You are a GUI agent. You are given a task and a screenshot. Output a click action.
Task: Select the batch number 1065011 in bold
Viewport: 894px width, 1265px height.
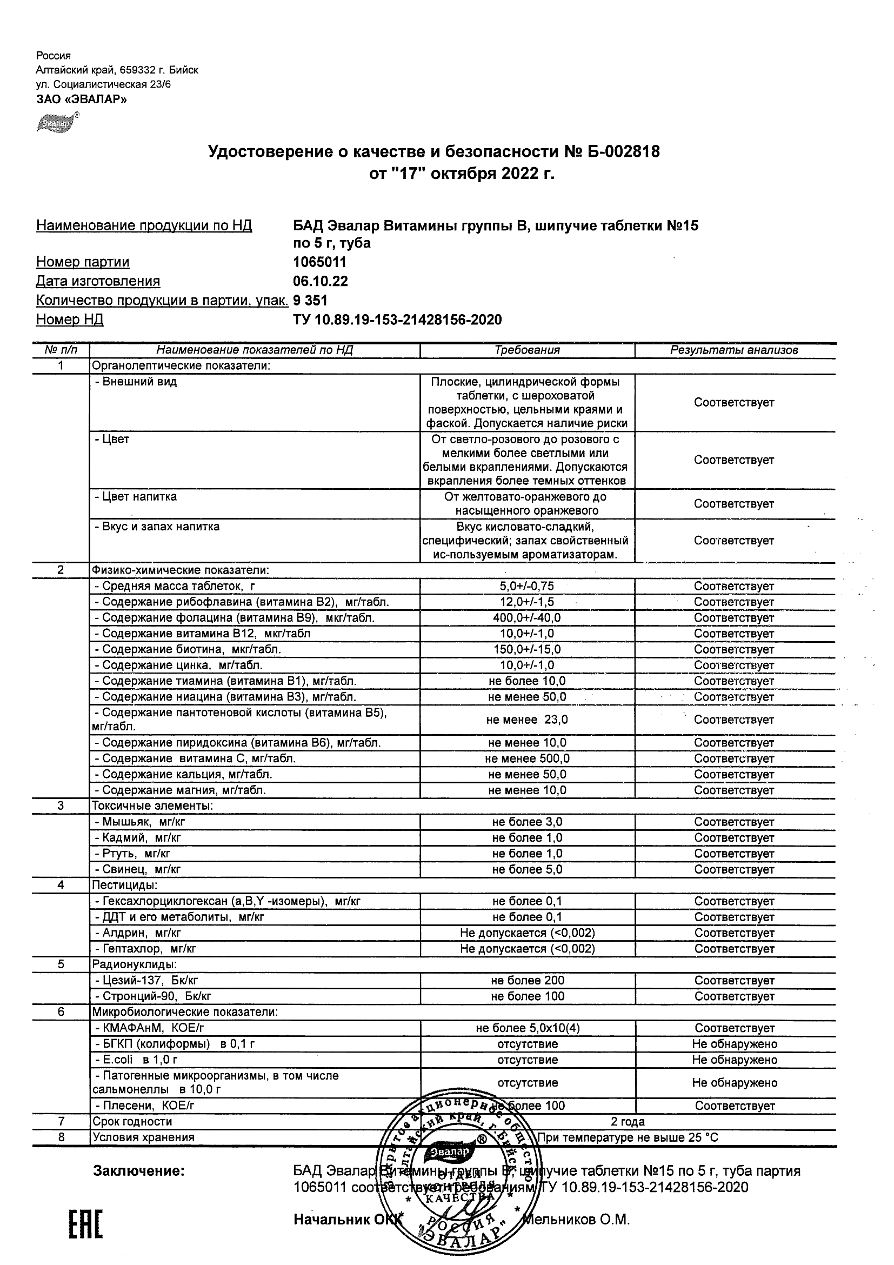pyautogui.click(x=319, y=262)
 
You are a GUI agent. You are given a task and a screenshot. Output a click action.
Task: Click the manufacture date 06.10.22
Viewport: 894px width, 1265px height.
pyautogui.click(x=321, y=282)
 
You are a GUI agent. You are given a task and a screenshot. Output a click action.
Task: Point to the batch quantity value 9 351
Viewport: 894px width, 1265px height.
pyautogui.click(x=310, y=301)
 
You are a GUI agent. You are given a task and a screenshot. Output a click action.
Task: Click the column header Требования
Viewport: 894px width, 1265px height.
pyautogui.click(x=527, y=350)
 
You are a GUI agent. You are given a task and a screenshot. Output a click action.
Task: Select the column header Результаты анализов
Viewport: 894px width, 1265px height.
pyautogui.click(x=733, y=350)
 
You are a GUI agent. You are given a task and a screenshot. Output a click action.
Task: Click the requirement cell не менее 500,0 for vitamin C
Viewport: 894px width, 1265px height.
pyautogui.click(x=527, y=758)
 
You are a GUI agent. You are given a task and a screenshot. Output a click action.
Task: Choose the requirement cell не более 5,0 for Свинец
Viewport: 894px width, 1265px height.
pyautogui.click(x=527, y=869)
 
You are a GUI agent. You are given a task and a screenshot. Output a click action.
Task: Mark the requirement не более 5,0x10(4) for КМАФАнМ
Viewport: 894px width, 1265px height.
pyautogui.click(x=527, y=1028)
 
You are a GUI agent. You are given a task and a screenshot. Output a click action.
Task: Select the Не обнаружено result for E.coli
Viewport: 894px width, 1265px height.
pyautogui.click(x=734, y=1060)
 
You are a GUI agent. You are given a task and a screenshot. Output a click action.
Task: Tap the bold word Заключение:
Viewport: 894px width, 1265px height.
pyautogui.click(x=139, y=1171)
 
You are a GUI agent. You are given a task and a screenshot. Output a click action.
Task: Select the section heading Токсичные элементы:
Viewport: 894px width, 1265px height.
pyautogui.click(x=152, y=806)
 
